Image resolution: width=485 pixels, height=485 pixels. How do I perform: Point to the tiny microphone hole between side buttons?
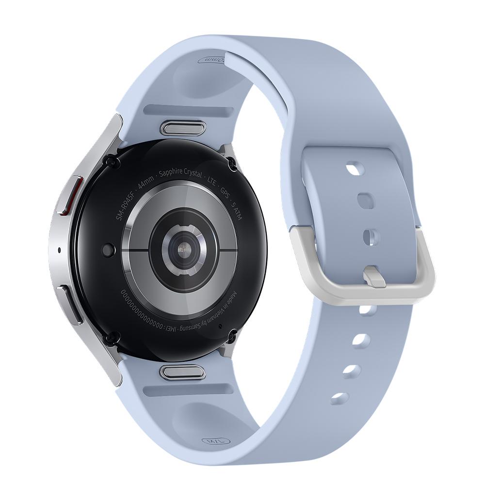click(59, 250)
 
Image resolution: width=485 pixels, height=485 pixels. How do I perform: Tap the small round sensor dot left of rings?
click(108, 250)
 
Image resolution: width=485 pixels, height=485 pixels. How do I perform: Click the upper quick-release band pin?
click(182, 128)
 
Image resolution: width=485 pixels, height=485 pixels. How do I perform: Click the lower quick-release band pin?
click(182, 372)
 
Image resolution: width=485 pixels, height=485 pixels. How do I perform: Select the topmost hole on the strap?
click(356, 168)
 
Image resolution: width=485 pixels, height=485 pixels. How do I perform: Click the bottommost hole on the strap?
click(340, 398)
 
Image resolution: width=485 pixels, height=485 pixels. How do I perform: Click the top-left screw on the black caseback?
click(111, 162)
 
